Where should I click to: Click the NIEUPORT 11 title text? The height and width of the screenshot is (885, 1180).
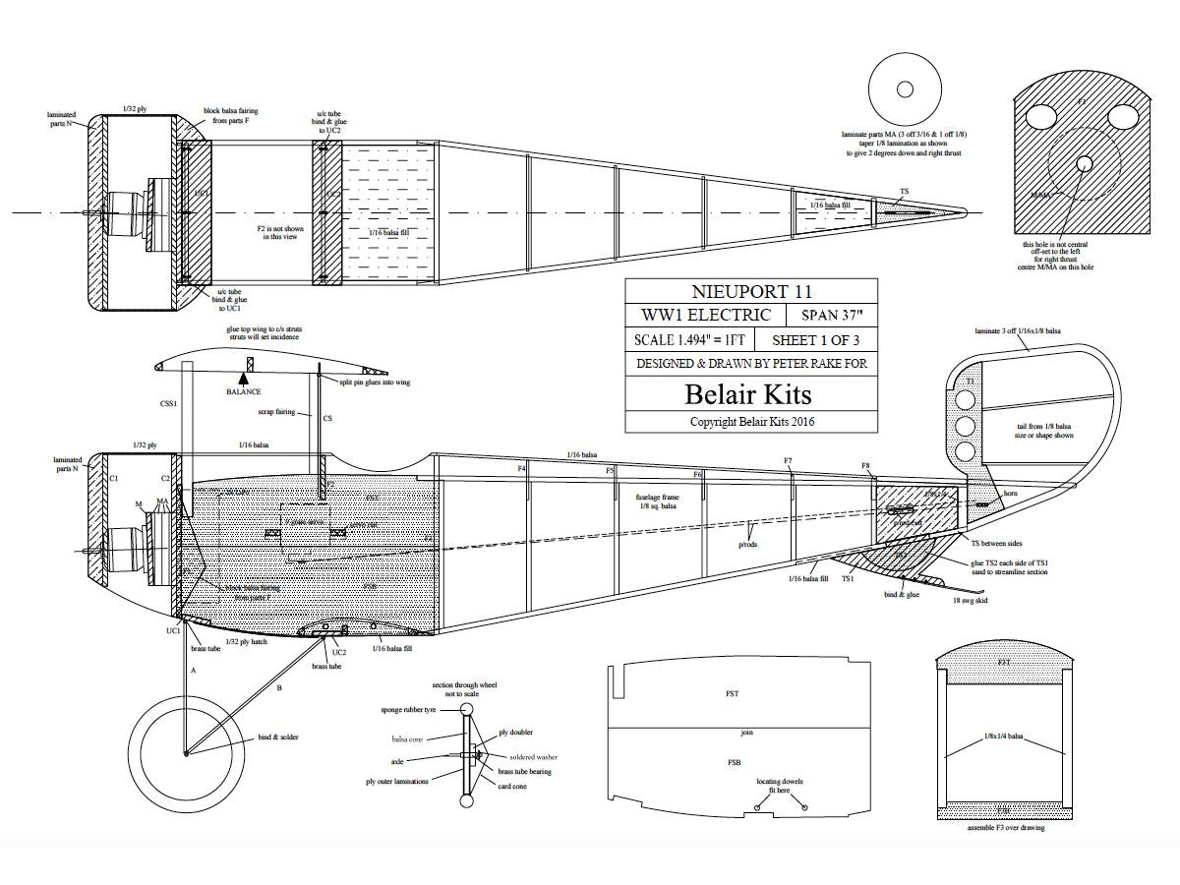pyautogui.click(x=752, y=291)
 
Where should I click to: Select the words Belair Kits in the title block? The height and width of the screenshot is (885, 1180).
pyautogui.click(x=748, y=394)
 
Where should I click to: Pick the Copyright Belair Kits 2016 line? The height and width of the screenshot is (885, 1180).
pyautogui.click(x=752, y=422)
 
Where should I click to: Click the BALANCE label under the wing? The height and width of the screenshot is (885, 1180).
pyautogui.click(x=243, y=392)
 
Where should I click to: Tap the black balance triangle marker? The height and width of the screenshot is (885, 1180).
pyautogui.click(x=243, y=378)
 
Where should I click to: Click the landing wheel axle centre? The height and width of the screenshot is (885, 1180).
pyautogui.click(x=186, y=754)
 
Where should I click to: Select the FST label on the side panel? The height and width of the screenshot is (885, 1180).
pyautogui.click(x=733, y=694)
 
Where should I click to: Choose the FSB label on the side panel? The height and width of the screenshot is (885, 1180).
pyautogui.click(x=734, y=762)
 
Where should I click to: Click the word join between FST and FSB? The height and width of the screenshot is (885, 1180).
pyautogui.click(x=746, y=733)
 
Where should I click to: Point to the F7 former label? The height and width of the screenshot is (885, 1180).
pyautogui.click(x=788, y=461)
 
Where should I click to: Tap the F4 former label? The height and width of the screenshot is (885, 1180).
pyautogui.click(x=522, y=469)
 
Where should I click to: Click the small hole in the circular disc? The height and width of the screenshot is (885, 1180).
pyautogui.click(x=905, y=89)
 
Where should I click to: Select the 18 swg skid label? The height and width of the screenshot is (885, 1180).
pyautogui.click(x=970, y=599)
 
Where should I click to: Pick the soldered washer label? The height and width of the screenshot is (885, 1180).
pyautogui.click(x=534, y=757)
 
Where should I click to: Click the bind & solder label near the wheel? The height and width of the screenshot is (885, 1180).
pyautogui.click(x=277, y=737)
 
